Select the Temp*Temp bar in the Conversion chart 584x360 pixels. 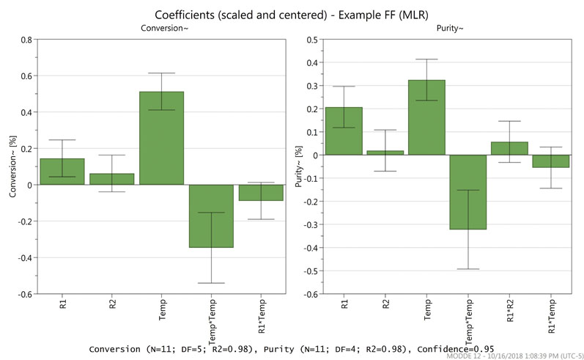tap(211, 216)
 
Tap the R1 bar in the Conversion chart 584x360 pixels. tap(62, 172)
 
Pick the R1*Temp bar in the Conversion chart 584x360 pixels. tap(261, 192)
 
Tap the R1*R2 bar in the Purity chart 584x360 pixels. tap(507, 148)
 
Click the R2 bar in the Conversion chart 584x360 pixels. tap(112, 179)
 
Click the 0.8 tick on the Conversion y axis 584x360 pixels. tap(26, 40)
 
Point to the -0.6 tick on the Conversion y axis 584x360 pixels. tap(24, 294)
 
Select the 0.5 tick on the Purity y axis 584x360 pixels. tap(311, 40)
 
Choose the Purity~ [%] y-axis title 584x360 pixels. tap(300, 167)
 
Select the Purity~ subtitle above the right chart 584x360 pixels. tap(446, 28)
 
